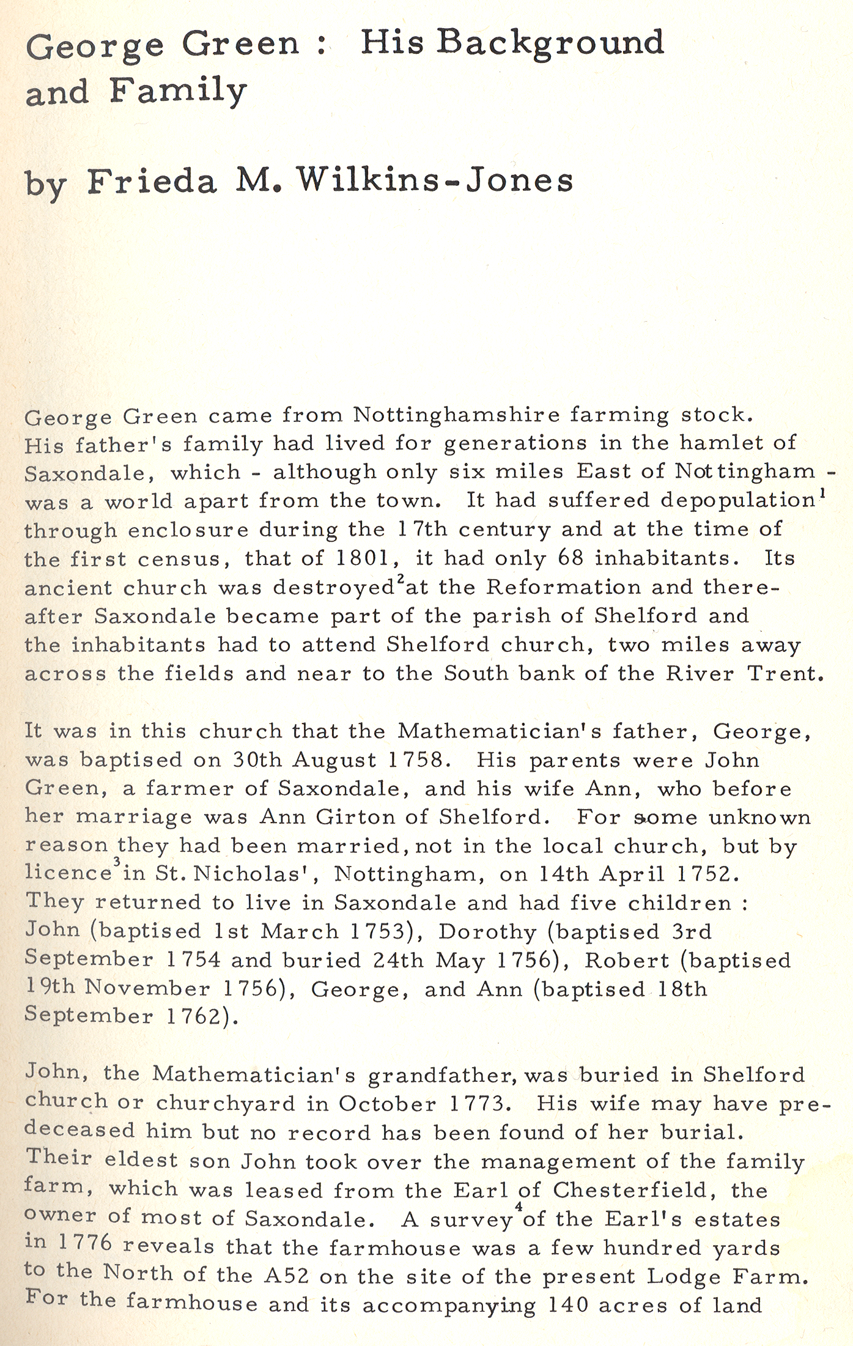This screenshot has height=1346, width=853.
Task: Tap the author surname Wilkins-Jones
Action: [435, 180]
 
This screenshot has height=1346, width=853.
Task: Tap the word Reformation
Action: [563, 587]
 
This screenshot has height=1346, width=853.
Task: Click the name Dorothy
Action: [487, 931]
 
